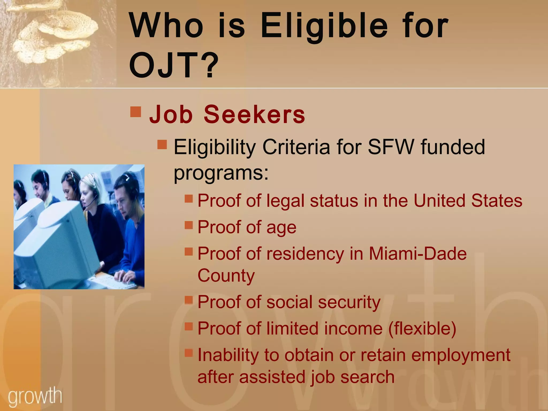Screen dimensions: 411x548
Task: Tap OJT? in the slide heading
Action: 174,65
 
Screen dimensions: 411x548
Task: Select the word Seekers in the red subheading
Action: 254,115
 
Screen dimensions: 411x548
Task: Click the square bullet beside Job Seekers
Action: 136,112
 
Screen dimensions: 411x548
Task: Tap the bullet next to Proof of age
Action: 189,225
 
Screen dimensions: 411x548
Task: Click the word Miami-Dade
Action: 418,253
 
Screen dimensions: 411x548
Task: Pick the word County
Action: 226,275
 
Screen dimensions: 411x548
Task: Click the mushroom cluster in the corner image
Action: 54,32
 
